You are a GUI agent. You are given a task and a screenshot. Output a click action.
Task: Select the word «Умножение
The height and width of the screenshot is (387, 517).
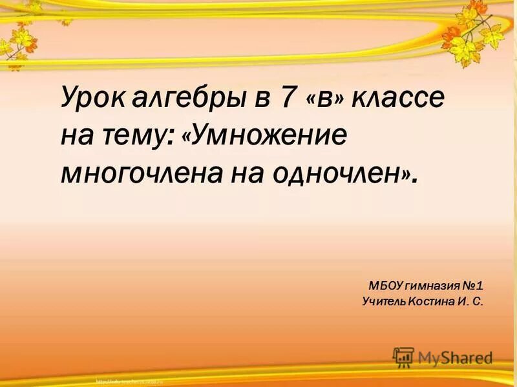pos(266,135)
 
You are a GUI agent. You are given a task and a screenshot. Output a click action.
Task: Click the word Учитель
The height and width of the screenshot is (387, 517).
pos(383,301)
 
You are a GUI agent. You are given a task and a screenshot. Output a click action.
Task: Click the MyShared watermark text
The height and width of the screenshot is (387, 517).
pos(455,357)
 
